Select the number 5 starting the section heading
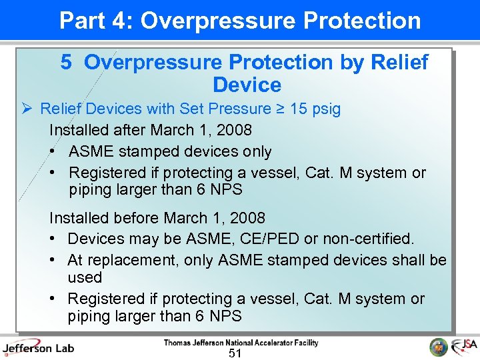[66, 63]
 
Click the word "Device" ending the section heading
[247, 85]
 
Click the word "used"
[85, 277]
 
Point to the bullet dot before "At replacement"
[52, 260]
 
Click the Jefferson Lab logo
[38, 347]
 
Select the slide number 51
[234, 353]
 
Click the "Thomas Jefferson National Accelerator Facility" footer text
[241, 343]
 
